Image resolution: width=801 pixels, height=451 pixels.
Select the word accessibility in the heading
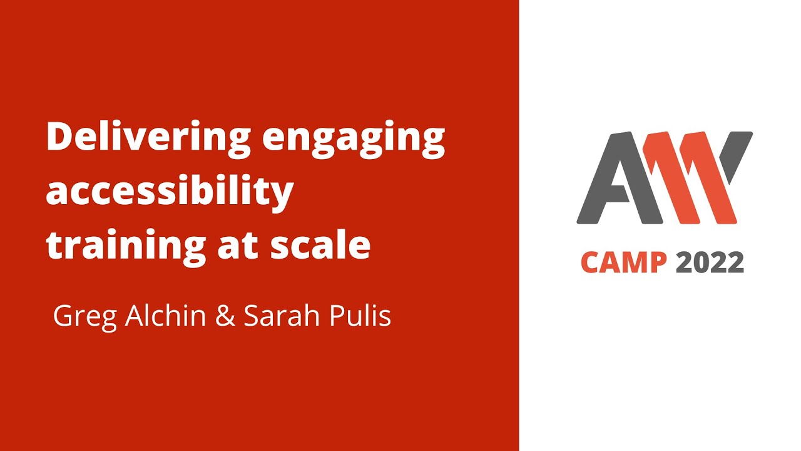pos(170,192)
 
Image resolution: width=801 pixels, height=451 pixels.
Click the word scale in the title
pos(320,246)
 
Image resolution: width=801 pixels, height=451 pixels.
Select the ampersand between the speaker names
pos(225,316)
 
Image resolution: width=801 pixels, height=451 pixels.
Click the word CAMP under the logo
pos(624,262)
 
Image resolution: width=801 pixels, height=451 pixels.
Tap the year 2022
pos(710,262)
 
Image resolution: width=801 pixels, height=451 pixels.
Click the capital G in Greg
pos(63,316)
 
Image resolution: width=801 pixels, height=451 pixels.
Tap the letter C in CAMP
pos(591,262)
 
